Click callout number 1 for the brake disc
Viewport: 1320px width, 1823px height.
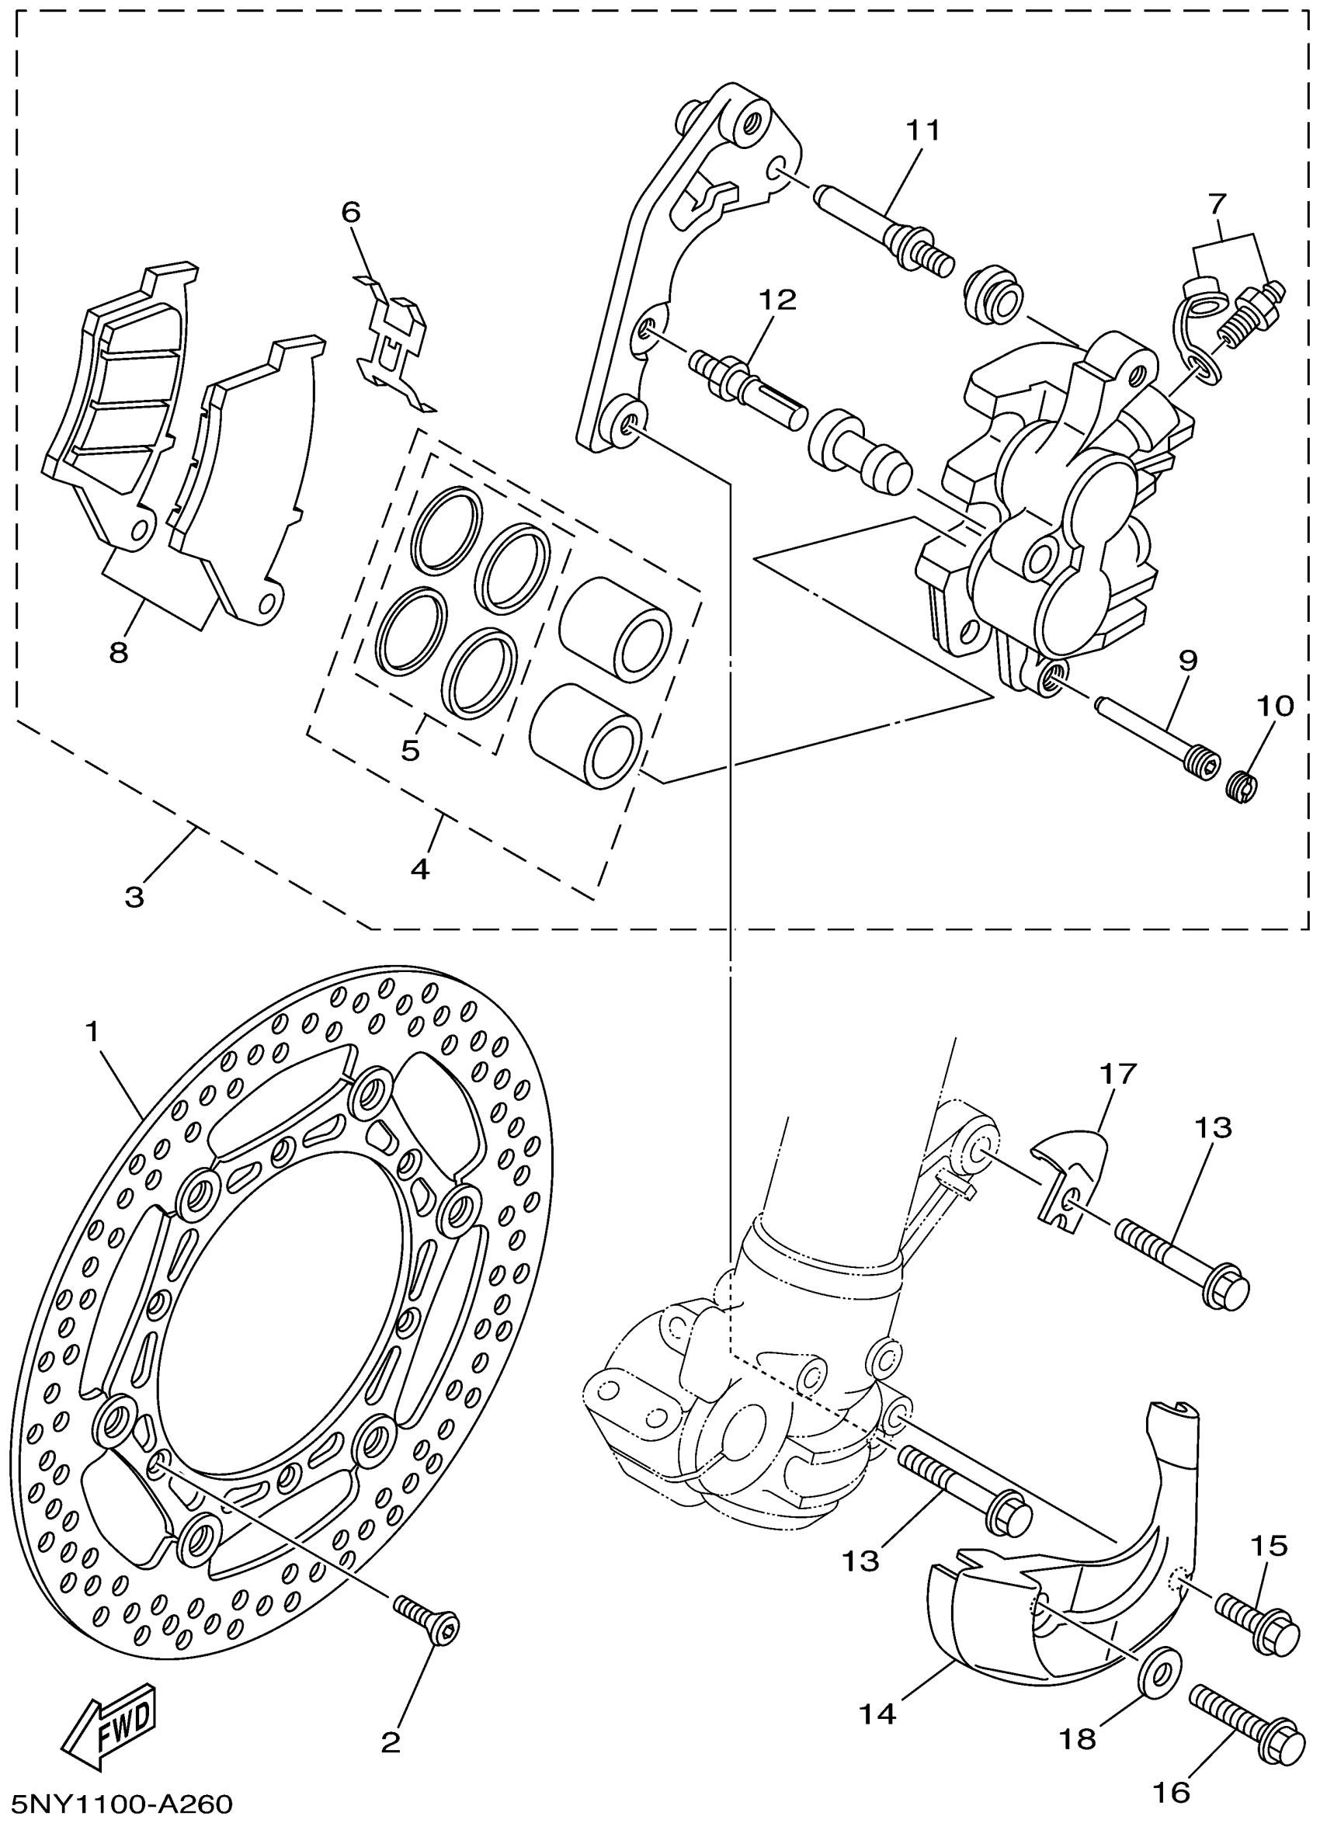[92, 1031]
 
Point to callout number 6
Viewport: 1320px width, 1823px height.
[351, 212]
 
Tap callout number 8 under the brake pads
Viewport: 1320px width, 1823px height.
[119, 652]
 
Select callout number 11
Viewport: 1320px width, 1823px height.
[923, 130]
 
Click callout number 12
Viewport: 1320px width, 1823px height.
[777, 300]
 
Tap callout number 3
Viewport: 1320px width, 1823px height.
[134, 896]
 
